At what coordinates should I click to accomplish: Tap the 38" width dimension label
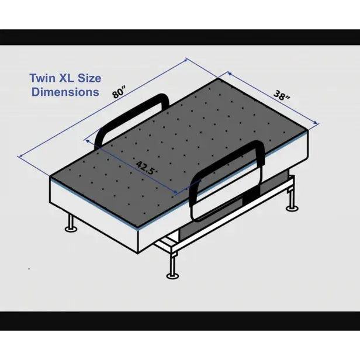(x=282, y=95)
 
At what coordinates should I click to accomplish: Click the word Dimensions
(x=65, y=92)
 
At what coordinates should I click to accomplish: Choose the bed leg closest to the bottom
(x=172, y=268)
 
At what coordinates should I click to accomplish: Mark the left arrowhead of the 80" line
(x=21, y=156)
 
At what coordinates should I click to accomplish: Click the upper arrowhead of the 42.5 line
(x=88, y=140)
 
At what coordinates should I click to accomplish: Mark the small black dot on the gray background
(x=29, y=268)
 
